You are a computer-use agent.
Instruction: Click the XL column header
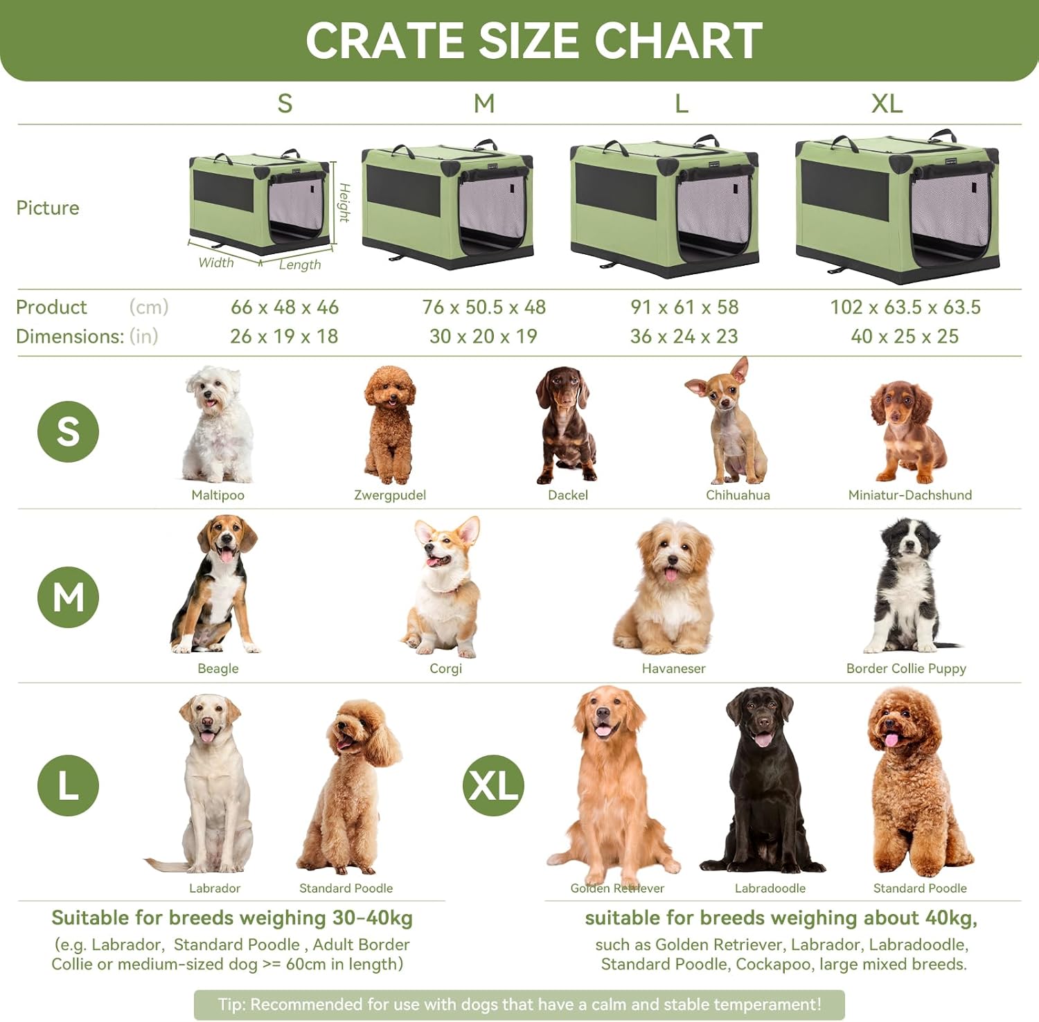click(887, 104)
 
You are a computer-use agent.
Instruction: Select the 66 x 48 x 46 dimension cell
click(285, 307)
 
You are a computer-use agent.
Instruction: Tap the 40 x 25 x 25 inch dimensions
click(905, 337)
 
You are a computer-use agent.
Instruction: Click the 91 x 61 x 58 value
click(684, 307)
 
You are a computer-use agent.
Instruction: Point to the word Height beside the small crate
click(344, 203)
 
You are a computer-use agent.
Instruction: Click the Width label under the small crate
click(216, 262)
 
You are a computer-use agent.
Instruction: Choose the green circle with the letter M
click(68, 597)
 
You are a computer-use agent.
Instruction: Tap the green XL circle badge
click(493, 785)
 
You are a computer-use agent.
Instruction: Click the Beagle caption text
click(218, 668)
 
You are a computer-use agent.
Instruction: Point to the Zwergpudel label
click(390, 495)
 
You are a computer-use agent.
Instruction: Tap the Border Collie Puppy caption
click(906, 668)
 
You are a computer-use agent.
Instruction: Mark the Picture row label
click(48, 208)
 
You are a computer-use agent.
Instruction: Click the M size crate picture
click(448, 204)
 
